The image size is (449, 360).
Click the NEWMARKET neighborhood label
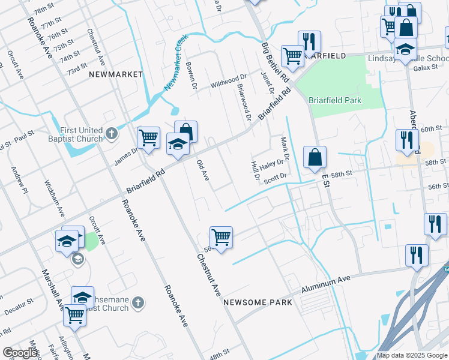pyautogui.click(x=116, y=74)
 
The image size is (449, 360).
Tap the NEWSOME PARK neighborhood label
pyautogui.click(x=258, y=302)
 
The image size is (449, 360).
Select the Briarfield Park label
pyautogui.click(x=335, y=100)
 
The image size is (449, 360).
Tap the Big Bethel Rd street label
pyautogui.click(x=276, y=62)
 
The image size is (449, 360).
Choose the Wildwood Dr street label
pyautogui.click(x=228, y=81)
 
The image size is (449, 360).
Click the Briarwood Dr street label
pyautogui.click(x=244, y=102)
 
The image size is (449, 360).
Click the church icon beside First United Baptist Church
pyautogui.click(x=111, y=133)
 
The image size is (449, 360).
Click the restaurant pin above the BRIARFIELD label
pyautogui.click(x=309, y=41)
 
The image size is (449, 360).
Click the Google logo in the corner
pyautogui.click(x=20, y=353)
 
